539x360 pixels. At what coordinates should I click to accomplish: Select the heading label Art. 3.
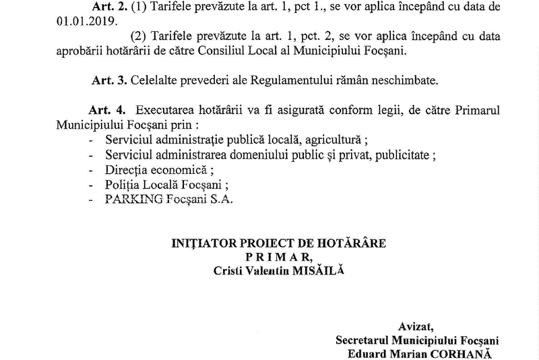(x=107, y=81)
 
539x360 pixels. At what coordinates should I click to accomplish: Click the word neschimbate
(x=402, y=81)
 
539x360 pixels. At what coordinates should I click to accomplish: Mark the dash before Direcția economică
(x=91, y=171)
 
